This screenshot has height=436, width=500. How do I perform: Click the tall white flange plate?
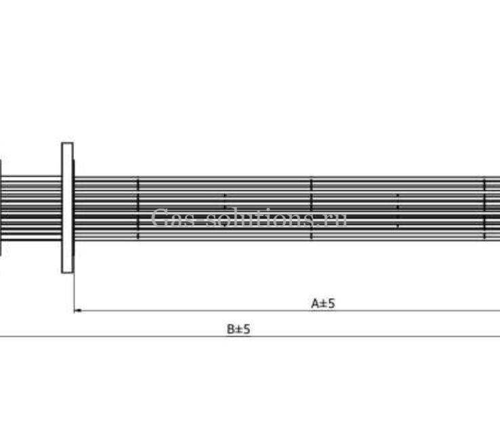(x=67, y=208)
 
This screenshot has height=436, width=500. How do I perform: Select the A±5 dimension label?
(x=323, y=303)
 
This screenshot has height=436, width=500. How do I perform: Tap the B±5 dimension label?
(x=238, y=328)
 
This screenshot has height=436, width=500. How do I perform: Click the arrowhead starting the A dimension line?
(x=77, y=310)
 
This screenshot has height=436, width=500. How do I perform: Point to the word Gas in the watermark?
(x=173, y=217)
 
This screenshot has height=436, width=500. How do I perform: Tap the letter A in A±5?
(x=315, y=303)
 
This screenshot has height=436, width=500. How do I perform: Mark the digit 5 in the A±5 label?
(x=331, y=303)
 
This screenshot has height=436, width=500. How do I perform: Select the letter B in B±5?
(x=230, y=328)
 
